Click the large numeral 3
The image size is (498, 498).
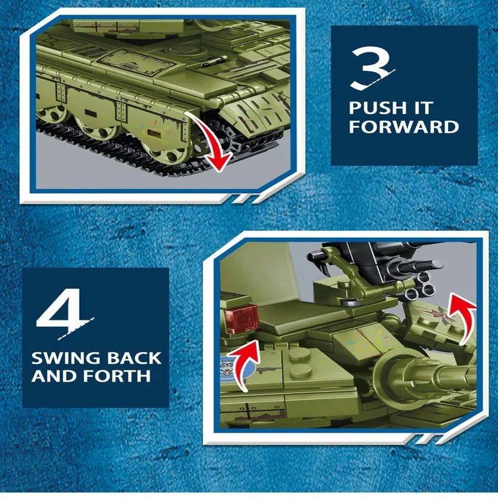click(372, 68)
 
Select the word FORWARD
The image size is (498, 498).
click(403, 126)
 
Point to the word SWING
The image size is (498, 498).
click(66, 358)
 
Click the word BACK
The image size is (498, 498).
click(134, 358)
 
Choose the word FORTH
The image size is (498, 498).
click(118, 377)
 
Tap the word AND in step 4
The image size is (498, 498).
click(55, 377)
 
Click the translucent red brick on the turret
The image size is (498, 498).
click(242, 318)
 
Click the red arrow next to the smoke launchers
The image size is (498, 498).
click(464, 317)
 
